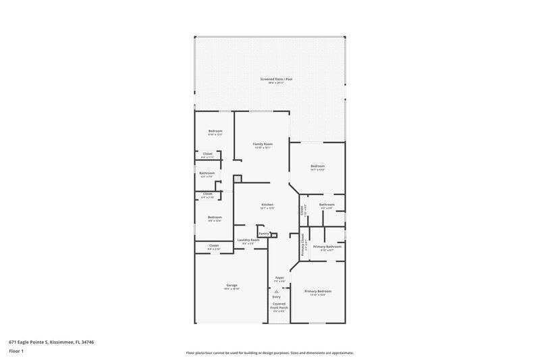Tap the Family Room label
coord(263,145)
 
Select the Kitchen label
coord(267,205)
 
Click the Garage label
coord(232,286)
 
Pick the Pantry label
coord(263,233)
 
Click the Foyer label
coord(279,278)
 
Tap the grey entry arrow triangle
coord(276,291)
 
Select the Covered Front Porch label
coord(279,306)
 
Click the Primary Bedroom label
coord(317,291)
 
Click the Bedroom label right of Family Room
coord(317,166)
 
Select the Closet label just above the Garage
coord(213,245)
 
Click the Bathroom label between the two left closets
coord(207,174)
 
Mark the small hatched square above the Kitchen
coord(237,179)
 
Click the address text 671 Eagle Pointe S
coord(41,342)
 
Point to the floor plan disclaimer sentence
coord(269,353)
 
